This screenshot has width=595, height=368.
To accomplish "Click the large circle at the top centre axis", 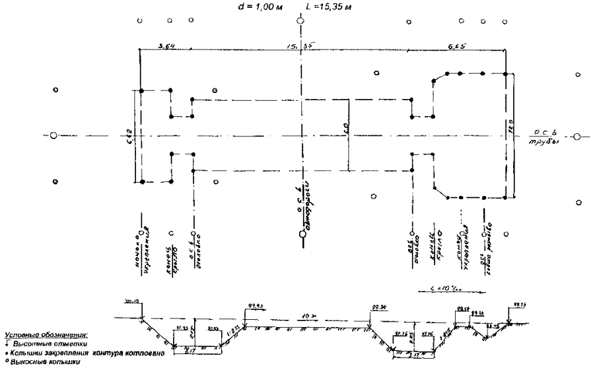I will (300, 20).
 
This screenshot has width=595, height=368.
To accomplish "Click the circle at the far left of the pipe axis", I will (55, 136).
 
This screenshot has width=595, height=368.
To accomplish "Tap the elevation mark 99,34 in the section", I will (378, 307).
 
